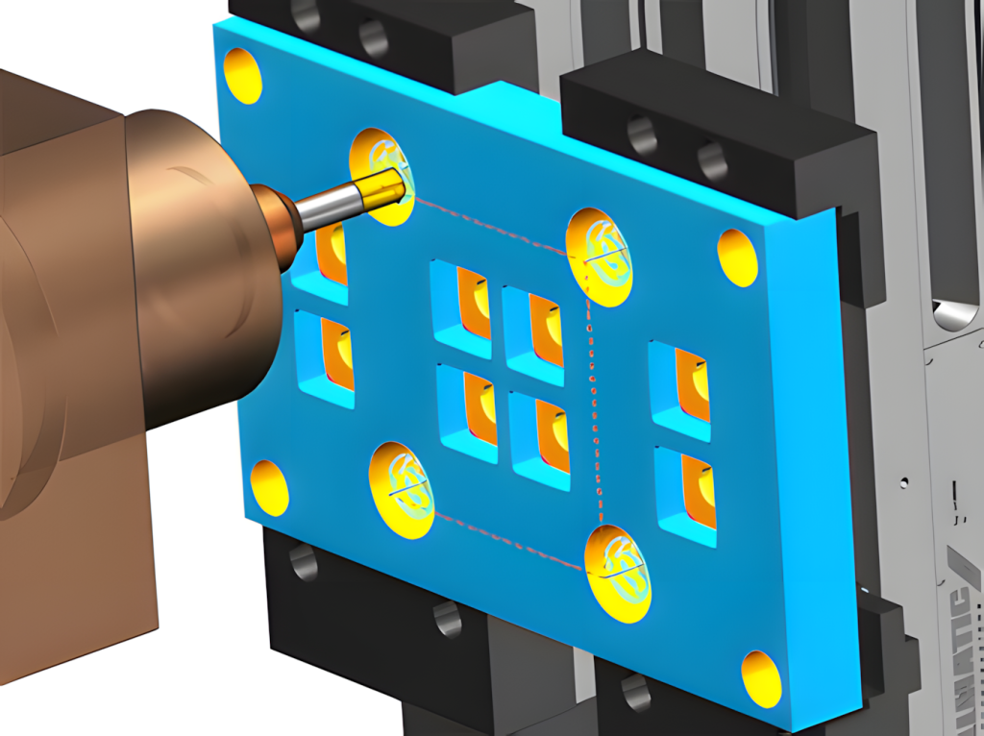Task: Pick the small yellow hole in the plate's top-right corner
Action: (x=737, y=257)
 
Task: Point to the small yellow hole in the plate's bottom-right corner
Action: (x=761, y=678)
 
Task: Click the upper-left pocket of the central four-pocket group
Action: (x=462, y=303)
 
